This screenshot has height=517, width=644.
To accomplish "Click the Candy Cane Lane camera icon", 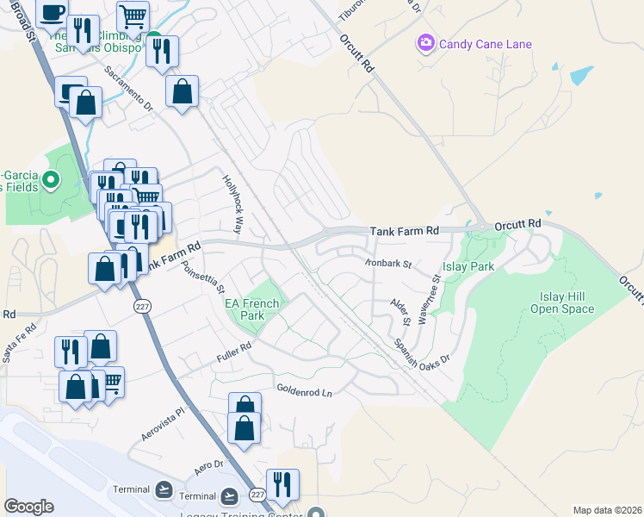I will tap(425, 43).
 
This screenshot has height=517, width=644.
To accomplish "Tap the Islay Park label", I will tap(468, 267).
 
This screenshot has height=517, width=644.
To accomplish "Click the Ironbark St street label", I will tap(388, 262).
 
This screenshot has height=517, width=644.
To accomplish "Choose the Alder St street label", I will tap(401, 313).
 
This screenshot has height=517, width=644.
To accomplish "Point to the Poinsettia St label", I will tap(204, 277).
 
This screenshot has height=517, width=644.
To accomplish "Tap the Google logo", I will tap(28, 507).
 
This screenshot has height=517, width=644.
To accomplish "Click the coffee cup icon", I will tap(52, 12).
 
